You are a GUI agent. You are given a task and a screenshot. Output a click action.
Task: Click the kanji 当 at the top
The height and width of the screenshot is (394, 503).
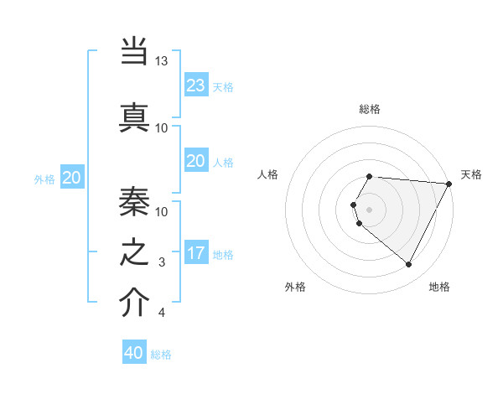click(134, 50)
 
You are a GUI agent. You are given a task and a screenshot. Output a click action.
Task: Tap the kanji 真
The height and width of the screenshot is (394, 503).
click(134, 115)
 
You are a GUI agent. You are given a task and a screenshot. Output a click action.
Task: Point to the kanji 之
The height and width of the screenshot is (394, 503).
click(134, 251)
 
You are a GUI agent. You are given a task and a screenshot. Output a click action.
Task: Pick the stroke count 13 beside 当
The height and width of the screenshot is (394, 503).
click(162, 61)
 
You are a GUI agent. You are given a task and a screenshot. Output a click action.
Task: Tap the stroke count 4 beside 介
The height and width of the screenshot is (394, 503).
click(162, 314)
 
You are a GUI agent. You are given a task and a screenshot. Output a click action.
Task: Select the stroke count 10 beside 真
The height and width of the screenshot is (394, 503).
click(162, 127)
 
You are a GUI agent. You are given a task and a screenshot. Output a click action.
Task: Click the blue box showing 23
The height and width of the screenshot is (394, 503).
click(195, 86)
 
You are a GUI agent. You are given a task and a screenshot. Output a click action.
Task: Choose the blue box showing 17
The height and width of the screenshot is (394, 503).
click(195, 253)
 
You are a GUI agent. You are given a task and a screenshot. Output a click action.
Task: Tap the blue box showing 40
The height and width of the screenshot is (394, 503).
click(134, 353)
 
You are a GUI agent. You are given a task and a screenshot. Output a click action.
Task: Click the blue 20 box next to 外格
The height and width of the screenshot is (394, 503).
click(72, 178)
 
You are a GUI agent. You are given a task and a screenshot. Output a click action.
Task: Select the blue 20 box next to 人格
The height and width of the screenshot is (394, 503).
click(195, 161)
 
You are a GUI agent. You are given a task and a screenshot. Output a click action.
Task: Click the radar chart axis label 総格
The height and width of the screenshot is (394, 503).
click(370, 109)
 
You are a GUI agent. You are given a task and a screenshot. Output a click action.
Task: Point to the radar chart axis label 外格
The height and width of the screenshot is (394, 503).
click(295, 287)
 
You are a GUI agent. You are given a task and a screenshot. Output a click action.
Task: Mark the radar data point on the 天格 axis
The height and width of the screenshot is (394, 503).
click(449, 184)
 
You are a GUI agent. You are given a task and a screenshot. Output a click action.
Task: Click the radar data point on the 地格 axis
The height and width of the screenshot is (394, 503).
click(409, 265)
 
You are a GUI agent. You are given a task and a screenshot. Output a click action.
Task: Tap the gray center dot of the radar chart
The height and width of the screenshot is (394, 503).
click(370, 209)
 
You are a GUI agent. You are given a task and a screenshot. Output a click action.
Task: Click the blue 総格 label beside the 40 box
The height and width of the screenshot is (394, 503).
click(161, 355)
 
